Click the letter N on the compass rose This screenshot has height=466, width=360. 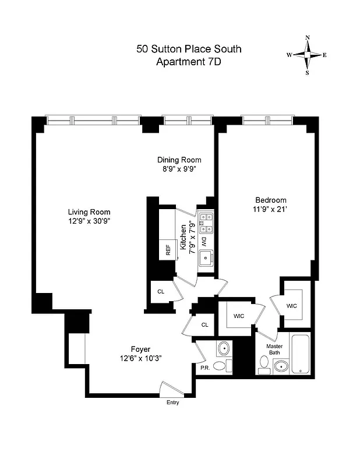point(308,38)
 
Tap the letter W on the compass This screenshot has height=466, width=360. point(289,55)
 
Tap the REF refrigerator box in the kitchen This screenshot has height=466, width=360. point(168,250)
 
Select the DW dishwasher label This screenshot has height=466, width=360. point(204,241)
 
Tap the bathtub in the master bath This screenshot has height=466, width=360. point(302,355)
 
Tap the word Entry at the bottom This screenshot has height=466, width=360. point(173,403)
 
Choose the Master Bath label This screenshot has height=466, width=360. point(274,349)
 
